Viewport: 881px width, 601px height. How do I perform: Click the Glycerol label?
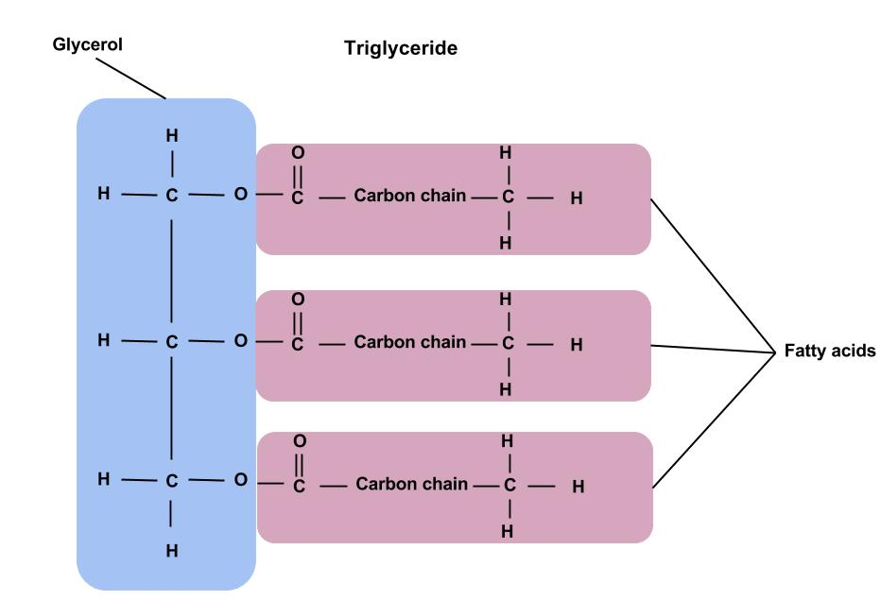[x=87, y=44]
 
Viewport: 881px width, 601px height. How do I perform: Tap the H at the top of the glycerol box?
[x=171, y=136]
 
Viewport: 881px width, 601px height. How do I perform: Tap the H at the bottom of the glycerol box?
[x=171, y=551]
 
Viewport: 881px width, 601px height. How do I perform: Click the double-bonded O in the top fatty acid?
[x=298, y=152]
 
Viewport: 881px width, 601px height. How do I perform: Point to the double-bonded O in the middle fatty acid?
[x=298, y=299]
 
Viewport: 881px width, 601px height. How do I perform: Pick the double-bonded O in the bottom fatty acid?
[x=299, y=441]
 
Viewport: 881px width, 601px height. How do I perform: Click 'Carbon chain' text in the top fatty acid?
[x=410, y=197]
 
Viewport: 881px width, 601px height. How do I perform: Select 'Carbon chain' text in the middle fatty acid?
[x=410, y=342]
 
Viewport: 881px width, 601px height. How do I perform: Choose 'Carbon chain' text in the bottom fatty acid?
[x=411, y=485]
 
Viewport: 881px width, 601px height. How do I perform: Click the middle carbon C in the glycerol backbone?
[x=171, y=342]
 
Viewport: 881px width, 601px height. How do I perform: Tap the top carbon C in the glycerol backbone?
[x=171, y=197]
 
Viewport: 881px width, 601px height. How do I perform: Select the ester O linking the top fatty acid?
[x=239, y=195]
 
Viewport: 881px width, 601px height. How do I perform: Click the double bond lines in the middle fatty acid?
[x=298, y=320]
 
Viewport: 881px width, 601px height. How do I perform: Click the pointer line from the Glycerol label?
[x=130, y=77]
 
